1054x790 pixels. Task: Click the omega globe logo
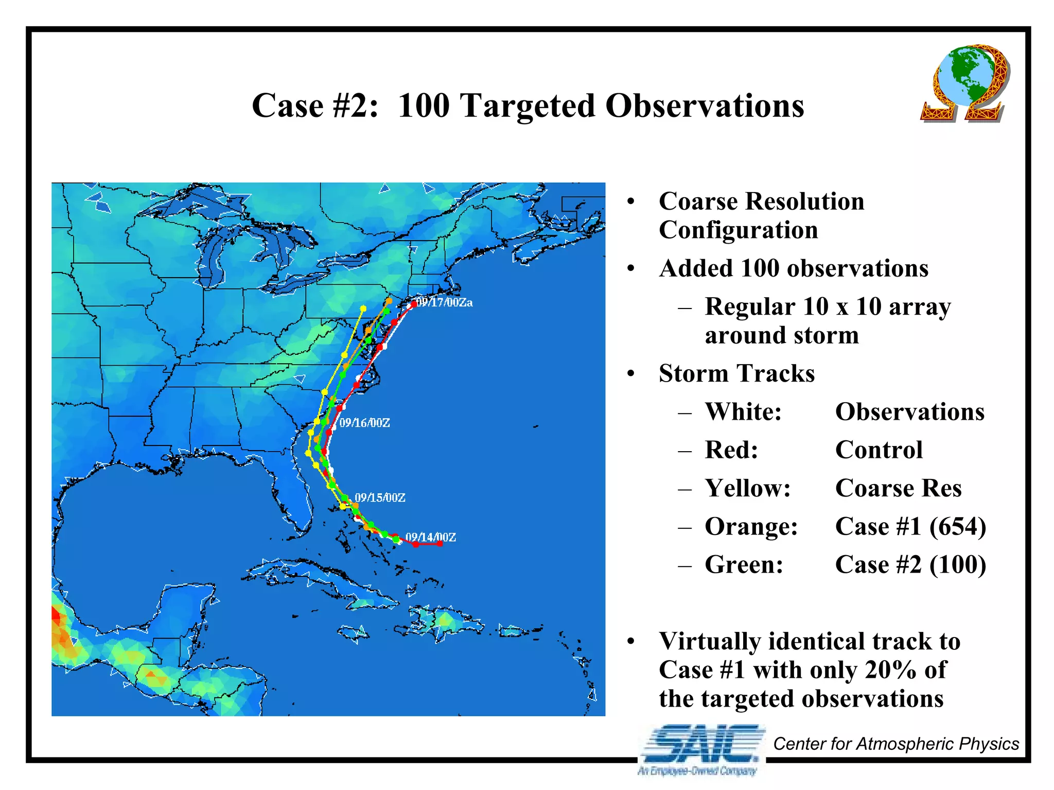[x=963, y=83]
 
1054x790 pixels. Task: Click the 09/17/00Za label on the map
[x=444, y=302]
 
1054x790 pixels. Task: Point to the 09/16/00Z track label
[x=364, y=423]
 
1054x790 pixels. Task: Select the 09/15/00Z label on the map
[x=380, y=497]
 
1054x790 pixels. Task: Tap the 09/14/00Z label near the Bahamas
[x=430, y=537]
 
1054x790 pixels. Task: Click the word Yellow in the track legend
[x=747, y=488]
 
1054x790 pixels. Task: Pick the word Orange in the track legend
[x=751, y=526]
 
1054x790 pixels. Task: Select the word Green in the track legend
[x=744, y=564]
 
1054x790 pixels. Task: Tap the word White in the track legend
[x=743, y=412]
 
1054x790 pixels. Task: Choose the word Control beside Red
[x=879, y=450]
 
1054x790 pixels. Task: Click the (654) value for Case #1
[x=957, y=526]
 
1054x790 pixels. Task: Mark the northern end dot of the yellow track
[x=363, y=308]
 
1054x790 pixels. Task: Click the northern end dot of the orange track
[x=389, y=301]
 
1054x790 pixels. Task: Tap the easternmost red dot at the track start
[x=440, y=543]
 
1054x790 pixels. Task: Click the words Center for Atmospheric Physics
[x=895, y=744]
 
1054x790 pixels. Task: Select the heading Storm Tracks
[x=736, y=373]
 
